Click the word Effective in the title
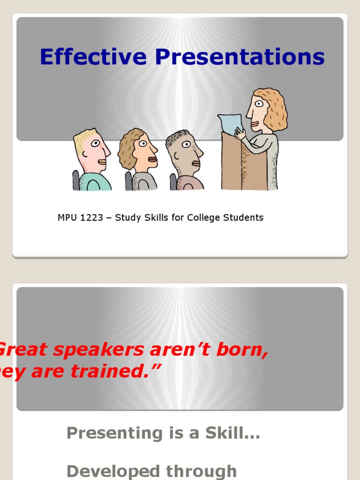click(x=93, y=57)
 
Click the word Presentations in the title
click(x=240, y=57)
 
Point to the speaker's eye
click(x=259, y=104)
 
